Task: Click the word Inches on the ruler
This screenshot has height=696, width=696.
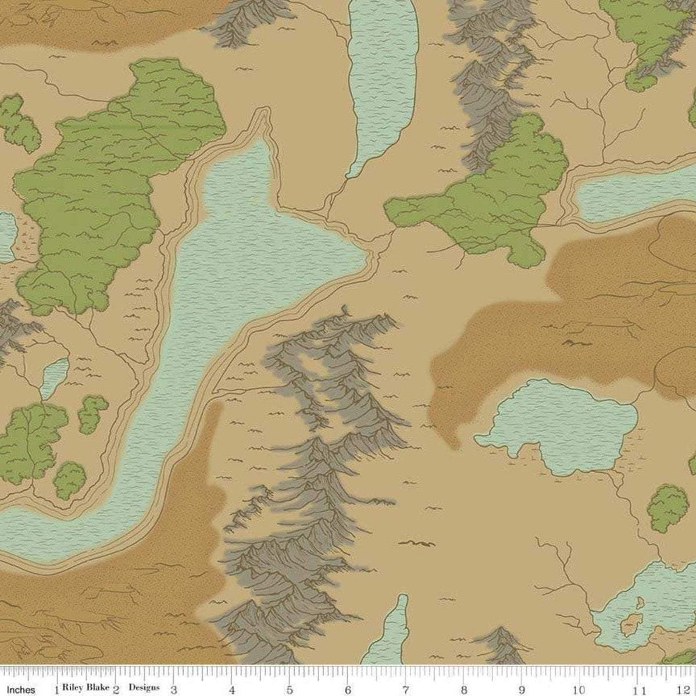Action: tap(21, 689)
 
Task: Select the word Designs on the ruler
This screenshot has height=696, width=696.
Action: tap(144, 688)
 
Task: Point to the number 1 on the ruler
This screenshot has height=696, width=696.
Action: tap(56, 690)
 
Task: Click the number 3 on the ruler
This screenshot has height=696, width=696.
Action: tap(173, 690)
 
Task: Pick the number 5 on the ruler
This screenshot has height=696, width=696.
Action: tap(289, 690)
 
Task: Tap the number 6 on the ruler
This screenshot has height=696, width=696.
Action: tap(347, 690)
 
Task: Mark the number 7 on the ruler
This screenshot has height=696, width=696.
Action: tap(405, 690)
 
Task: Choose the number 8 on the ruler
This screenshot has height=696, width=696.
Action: tap(463, 690)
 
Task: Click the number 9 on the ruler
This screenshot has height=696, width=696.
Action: tap(522, 690)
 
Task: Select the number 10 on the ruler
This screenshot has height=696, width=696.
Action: tap(579, 690)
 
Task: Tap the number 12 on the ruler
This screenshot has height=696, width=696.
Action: tap(688, 690)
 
